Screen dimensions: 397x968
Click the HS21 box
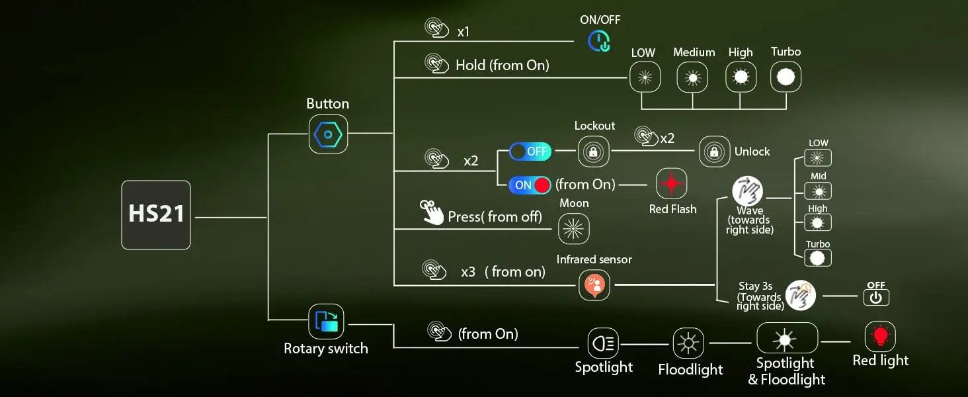(156, 215)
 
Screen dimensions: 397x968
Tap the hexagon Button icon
(328, 134)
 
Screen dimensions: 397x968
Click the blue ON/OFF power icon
(599, 42)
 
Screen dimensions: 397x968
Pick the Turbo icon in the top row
(786, 77)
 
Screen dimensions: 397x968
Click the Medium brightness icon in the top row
(693, 77)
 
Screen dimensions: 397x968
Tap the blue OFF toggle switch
(530, 152)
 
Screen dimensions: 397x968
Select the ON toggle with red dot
(530, 185)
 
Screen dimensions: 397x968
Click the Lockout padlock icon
(593, 152)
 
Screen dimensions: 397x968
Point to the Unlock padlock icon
(714, 152)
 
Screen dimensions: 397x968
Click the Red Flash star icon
(672, 184)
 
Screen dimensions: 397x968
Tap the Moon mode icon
(573, 229)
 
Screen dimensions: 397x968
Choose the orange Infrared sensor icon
(594, 285)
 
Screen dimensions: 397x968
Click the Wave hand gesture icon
(748, 191)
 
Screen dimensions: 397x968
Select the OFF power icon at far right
(876, 298)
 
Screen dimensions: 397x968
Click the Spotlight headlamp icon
(603, 343)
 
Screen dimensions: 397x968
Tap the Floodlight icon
(688, 343)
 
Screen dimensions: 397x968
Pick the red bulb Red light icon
(880, 337)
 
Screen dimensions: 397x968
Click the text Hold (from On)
(502, 65)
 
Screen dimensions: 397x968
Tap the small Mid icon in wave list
(818, 192)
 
